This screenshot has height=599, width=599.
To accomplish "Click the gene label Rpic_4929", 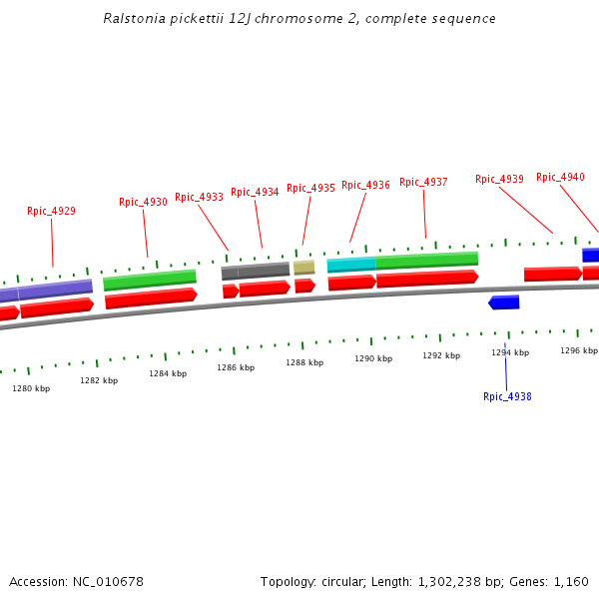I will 51,211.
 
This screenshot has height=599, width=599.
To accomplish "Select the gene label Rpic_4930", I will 143,202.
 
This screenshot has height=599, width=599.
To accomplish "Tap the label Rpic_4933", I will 199,197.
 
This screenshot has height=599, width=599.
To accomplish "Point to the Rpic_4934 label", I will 255,192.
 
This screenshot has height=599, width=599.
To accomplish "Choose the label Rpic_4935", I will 310,188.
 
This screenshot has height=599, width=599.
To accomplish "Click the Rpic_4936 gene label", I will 365,185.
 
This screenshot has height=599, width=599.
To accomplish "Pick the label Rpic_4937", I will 423,182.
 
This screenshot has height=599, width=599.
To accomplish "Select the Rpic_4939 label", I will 499,179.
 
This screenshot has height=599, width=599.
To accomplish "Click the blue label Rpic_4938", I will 507,396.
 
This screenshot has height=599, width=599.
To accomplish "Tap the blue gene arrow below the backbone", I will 504,302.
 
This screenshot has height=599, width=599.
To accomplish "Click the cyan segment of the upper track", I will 351,265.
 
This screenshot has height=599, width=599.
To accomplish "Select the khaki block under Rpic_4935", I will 303,267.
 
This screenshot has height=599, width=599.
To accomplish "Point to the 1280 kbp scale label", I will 31,388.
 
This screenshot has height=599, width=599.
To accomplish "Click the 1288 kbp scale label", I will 304,362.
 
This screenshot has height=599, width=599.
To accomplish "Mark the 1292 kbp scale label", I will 441,355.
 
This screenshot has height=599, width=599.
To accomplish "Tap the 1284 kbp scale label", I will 168,373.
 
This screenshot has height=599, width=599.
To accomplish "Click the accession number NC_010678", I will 108,581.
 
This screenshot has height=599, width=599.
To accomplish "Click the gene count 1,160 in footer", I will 571,581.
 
